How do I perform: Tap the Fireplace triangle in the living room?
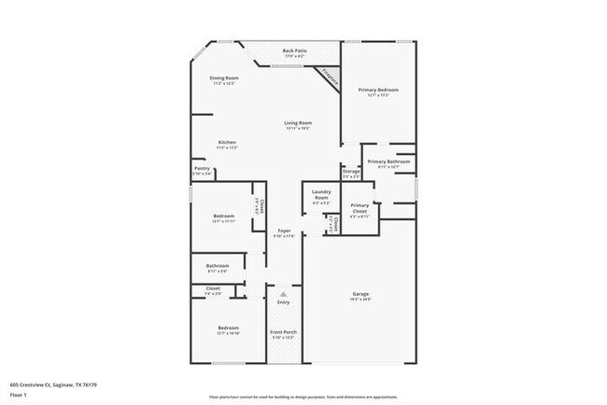(328, 79)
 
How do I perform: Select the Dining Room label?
(223, 77)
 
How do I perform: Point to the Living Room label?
(298, 122)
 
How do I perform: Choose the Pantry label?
(202, 168)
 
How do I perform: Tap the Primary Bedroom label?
(378, 90)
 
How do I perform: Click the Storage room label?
(350, 171)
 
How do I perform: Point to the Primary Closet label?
(360, 206)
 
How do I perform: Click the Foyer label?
(284, 230)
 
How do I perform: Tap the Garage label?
(360, 294)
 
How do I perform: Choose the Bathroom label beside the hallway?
(218, 265)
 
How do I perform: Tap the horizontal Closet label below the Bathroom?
(213, 288)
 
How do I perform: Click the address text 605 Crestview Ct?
(53, 383)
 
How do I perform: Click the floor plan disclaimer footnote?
(303, 396)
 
